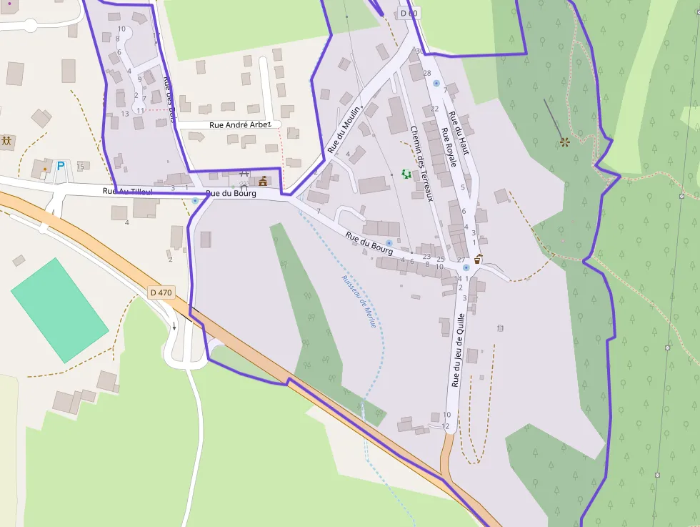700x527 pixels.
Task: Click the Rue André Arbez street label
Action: pyautogui.click(x=240, y=124)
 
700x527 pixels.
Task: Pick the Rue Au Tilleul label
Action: pyautogui.click(x=128, y=191)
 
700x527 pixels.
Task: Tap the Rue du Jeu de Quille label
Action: pyautogui.click(x=458, y=350)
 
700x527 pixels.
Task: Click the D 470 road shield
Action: pyautogui.click(x=161, y=292)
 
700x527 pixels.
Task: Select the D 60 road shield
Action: pyautogui.click(x=408, y=13)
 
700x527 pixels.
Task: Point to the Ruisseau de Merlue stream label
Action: pyautogui.click(x=359, y=302)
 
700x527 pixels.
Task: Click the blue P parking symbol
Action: pyautogui.click(x=61, y=166)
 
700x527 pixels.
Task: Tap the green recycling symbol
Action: pyautogui.click(x=407, y=174)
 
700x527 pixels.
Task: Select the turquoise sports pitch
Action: pyautogui.click(x=59, y=310)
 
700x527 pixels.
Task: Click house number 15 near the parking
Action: pyautogui.click(x=80, y=167)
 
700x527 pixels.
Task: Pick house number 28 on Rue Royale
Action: pyautogui.click(x=427, y=73)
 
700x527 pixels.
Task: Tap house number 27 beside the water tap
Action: pyautogui.click(x=461, y=259)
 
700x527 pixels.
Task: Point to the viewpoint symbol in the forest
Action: pyautogui.click(x=564, y=142)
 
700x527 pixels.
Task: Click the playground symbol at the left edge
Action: pyautogui.click(x=7, y=141)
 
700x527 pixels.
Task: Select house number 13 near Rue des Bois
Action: pyautogui.click(x=125, y=113)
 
